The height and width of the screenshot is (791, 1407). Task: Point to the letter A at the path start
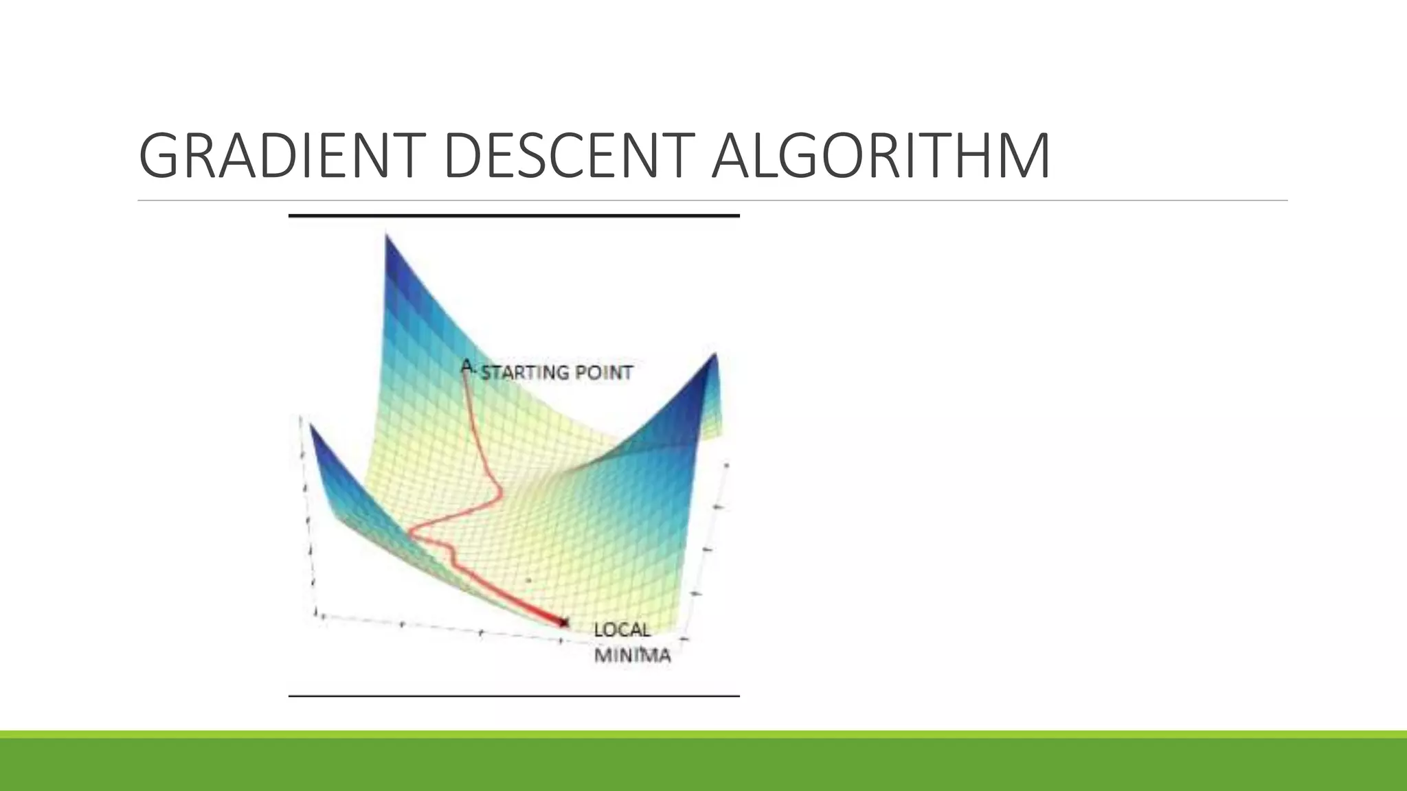tap(467, 366)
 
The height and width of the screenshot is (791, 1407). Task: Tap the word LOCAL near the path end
tap(622, 630)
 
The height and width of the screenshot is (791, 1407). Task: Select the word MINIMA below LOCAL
tap(632, 655)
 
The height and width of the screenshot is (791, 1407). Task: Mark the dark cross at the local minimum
tap(564, 623)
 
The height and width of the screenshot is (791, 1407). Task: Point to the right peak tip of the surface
tap(714, 354)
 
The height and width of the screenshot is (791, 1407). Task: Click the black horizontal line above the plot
tap(514, 216)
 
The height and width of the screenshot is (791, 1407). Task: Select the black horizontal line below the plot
tap(514, 696)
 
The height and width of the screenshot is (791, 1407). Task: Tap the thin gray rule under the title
tap(712, 200)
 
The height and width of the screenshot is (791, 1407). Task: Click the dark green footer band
tap(703, 765)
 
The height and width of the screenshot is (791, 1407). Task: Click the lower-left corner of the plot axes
tap(317, 613)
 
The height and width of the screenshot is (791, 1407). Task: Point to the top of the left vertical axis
tap(300, 417)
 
